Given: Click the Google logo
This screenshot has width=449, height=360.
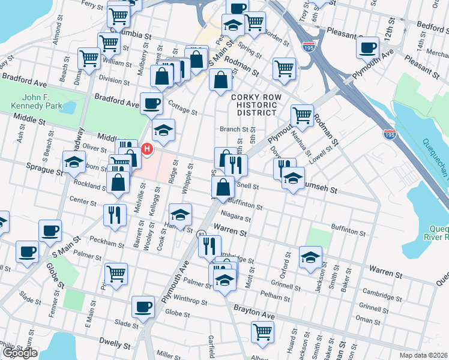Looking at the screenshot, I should tap(19, 352).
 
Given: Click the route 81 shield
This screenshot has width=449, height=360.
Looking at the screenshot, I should tap(200, 233).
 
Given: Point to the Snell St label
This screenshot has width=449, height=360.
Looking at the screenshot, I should tap(247, 187).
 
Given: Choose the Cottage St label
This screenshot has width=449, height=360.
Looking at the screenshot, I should tap(182, 111).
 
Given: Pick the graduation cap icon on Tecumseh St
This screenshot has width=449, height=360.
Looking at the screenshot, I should tap(293, 178).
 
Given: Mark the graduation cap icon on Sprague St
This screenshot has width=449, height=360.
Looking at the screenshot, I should tap(74, 162).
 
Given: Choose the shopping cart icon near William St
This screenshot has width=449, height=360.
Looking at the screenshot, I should tap(89, 58).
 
